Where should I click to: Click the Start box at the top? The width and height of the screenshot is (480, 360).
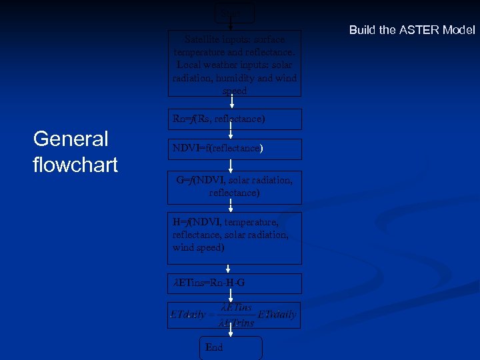tap(235, 11)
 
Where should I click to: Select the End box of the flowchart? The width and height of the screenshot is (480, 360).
tap(231, 347)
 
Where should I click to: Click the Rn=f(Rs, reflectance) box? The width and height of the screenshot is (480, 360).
tap(234, 119)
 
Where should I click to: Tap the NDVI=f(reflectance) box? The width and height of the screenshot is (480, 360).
tap(234, 149)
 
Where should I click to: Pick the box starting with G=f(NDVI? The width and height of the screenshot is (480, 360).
tap(234, 187)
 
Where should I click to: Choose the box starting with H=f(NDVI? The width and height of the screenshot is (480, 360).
tap(234, 237)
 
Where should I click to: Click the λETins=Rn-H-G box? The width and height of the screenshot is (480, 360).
tap(234, 283)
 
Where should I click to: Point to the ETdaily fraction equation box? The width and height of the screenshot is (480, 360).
tap(234, 315)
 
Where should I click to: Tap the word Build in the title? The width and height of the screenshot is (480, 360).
tap(363, 30)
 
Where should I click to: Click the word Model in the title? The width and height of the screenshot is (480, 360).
tap(459, 30)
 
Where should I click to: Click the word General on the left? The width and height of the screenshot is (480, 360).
tap(71, 139)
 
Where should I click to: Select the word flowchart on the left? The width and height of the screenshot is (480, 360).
tap(75, 164)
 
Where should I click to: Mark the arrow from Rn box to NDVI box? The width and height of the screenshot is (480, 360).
tap(230, 134)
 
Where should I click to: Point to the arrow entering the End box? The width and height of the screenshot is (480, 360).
tap(230, 332)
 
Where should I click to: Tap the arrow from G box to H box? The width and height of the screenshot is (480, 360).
tap(230, 208)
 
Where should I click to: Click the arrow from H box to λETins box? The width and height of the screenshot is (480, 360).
tap(230, 269)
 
